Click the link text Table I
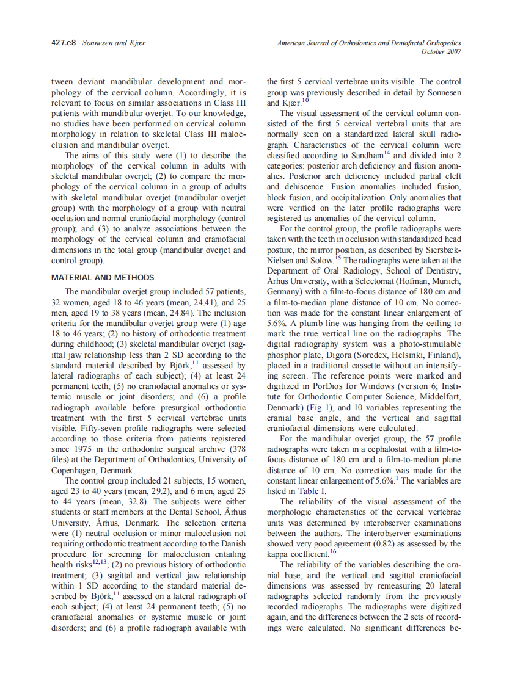coord(312,490)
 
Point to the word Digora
coord(337,355)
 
